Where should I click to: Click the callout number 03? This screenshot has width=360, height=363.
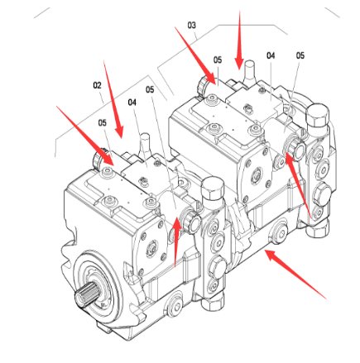pos(192,26)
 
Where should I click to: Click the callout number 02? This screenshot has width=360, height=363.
pos(97,84)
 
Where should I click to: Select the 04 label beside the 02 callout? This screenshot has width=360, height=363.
pos(132,102)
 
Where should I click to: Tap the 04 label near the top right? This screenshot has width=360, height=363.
pos(271,55)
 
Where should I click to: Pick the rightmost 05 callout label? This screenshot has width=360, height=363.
pos(300,55)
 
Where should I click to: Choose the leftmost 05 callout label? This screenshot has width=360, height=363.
pos(103,122)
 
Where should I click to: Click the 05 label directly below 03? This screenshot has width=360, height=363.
pos(218,60)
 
